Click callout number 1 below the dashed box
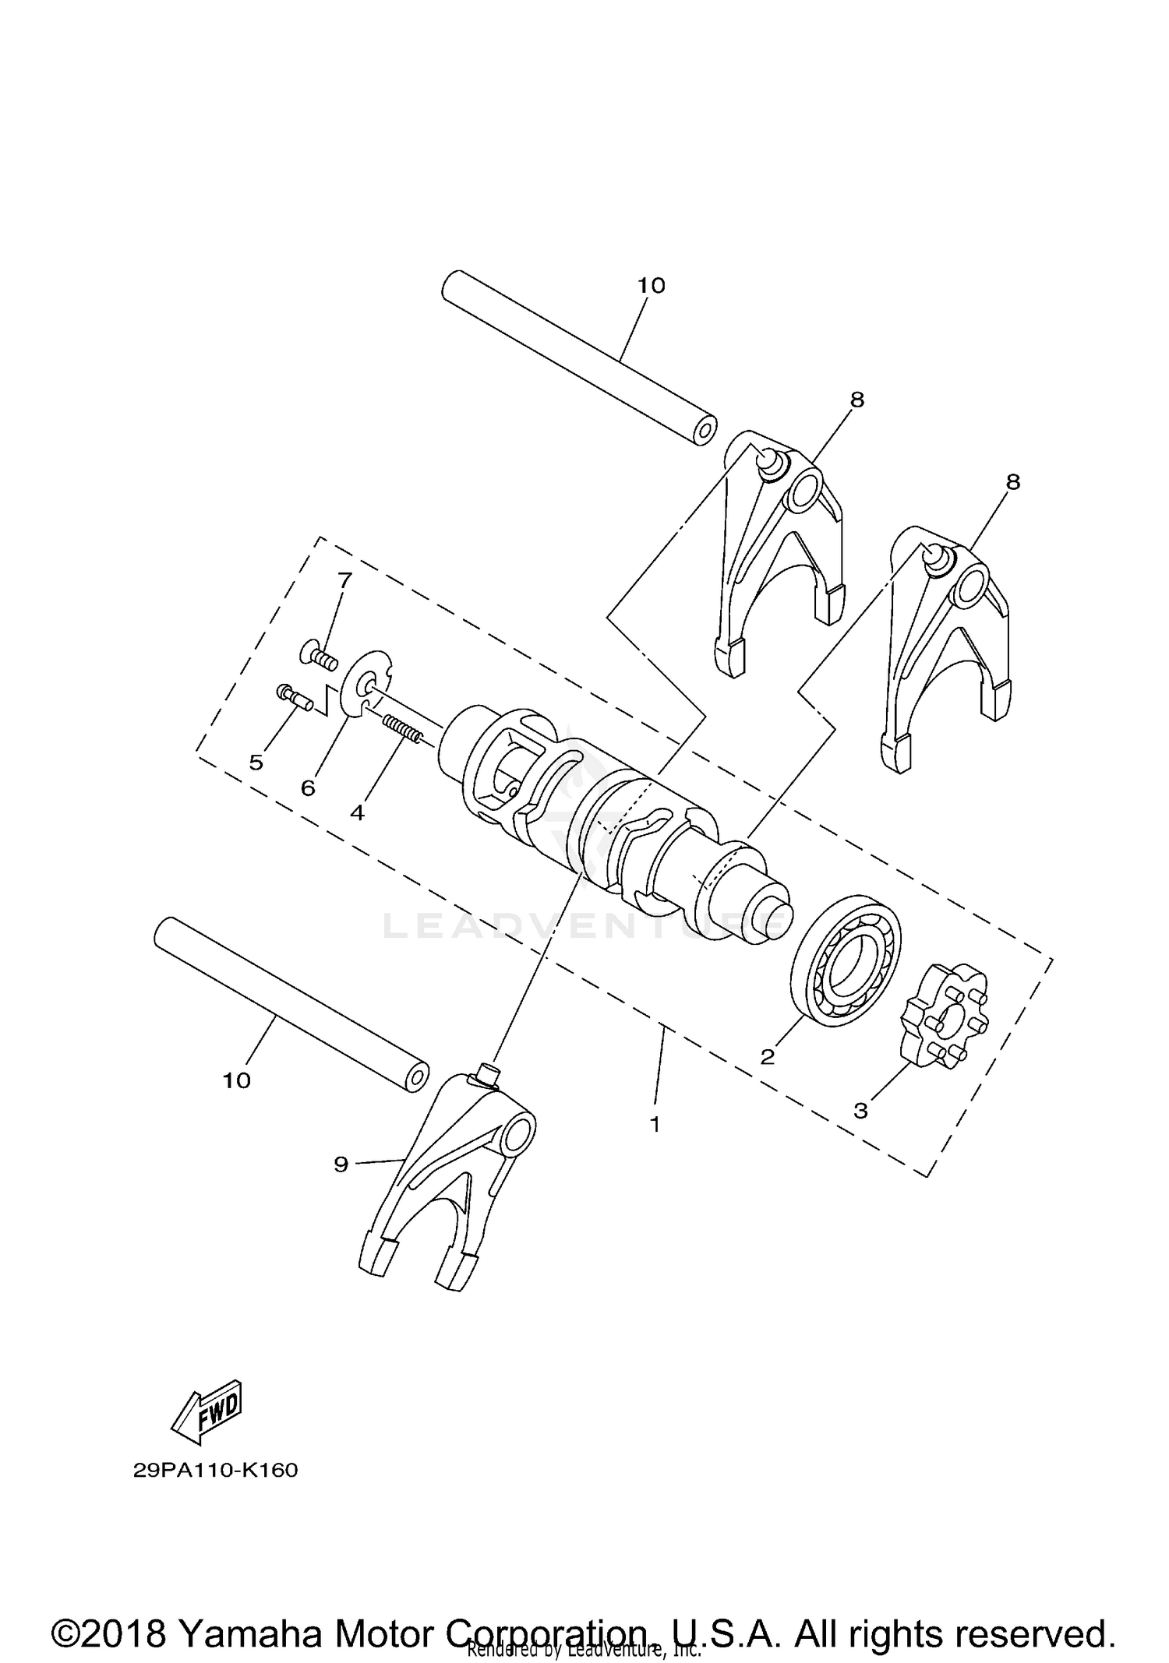click(x=655, y=1124)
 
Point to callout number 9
click(x=341, y=1164)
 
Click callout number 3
click(x=860, y=1111)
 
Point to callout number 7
click(x=344, y=580)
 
